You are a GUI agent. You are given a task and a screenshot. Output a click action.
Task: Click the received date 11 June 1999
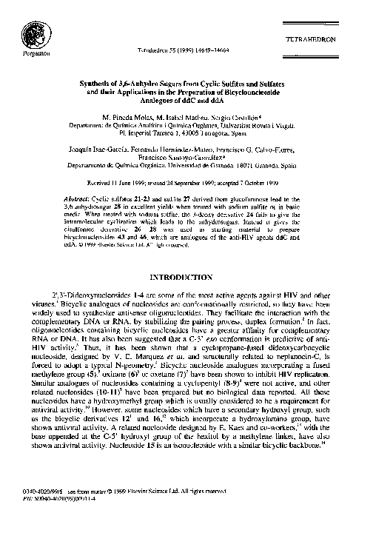point(144,182)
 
